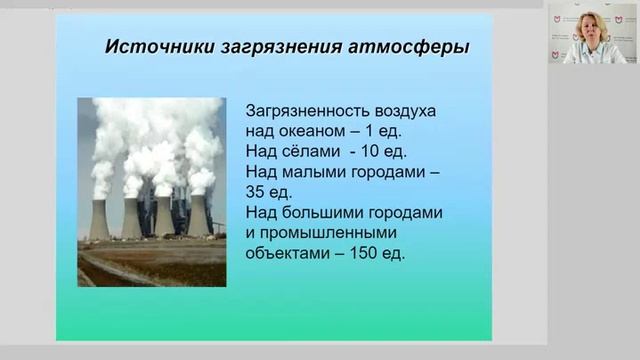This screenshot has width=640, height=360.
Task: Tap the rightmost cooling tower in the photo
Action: tap(198, 215)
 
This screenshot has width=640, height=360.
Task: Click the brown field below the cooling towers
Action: tap(150, 265)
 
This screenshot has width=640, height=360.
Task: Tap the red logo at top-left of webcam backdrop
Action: tap(559, 23)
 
